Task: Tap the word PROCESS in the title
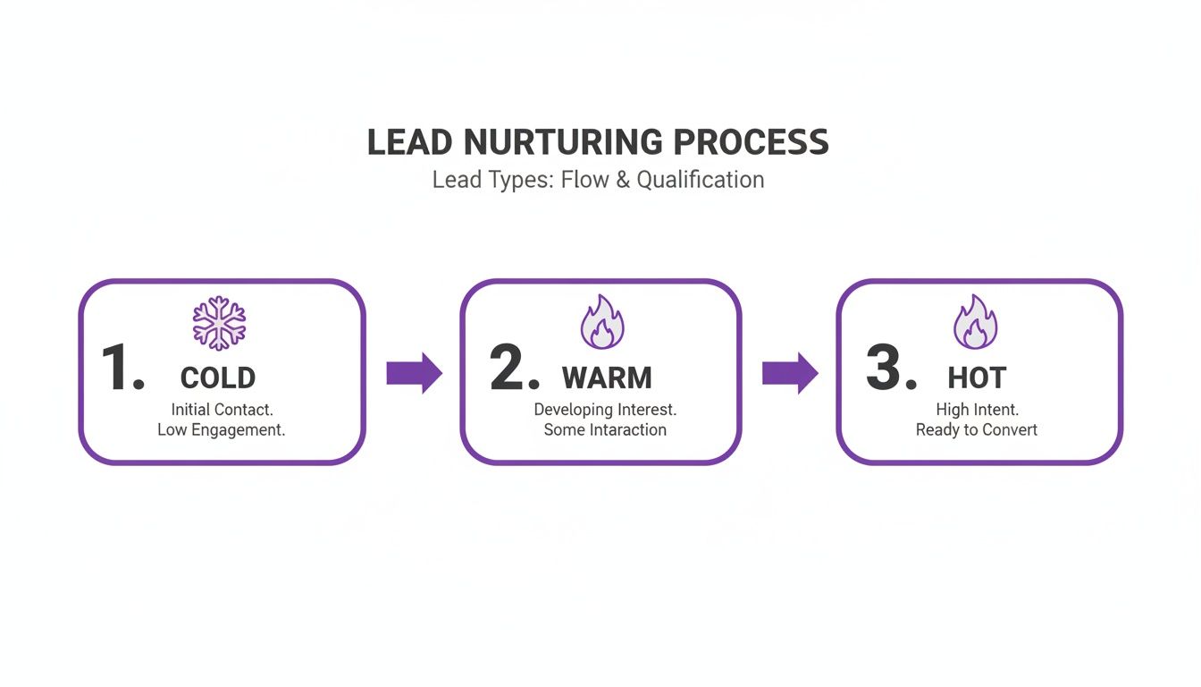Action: [x=751, y=143]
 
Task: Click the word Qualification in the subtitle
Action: [x=701, y=180]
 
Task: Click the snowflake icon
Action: [x=219, y=323]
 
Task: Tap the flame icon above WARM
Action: [x=600, y=323]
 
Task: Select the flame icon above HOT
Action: [x=976, y=323]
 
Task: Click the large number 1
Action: [x=121, y=368]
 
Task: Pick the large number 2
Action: [x=514, y=368]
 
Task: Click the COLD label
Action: [x=218, y=377]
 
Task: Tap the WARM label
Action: [x=607, y=377]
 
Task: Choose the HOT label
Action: [x=977, y=377]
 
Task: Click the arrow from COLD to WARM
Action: [x=414, y=373]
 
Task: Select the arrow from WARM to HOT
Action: [x=790, y=373]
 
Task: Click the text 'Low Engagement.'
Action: [x=221, y=430]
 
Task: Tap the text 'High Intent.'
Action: [x=977, y=410]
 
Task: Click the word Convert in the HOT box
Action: [x=1009, y=430]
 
